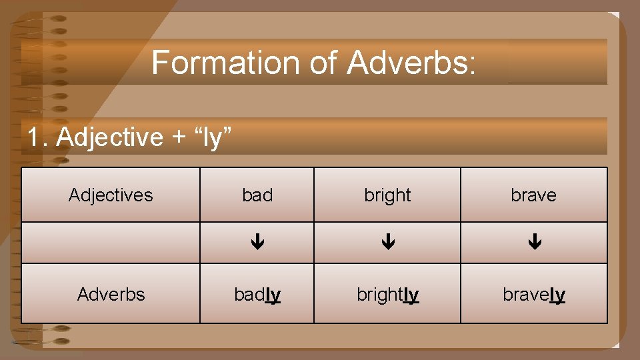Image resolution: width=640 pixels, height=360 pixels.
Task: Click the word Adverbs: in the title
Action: [411, 63]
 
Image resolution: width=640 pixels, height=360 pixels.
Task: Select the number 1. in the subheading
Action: [38, 137]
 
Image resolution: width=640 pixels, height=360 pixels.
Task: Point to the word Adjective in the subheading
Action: [109, 137]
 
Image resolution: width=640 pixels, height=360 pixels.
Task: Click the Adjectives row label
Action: [111, 195]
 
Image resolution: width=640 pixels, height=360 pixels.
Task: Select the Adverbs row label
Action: [111, 294]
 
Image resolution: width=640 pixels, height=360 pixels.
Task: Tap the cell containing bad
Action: [257, 195]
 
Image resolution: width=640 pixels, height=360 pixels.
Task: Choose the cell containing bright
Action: [387, 195]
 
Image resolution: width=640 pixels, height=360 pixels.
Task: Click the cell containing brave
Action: [533, 195]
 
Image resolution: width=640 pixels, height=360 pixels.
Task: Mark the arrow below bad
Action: [257, 243]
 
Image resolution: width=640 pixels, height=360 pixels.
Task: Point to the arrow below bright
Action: [387, 243]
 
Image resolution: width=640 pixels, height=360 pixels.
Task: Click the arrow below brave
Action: [534, 243]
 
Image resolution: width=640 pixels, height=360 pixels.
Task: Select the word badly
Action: [257, 294]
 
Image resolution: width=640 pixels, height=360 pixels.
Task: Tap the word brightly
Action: [387, 294]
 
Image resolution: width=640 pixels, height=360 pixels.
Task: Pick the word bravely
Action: [533, 294]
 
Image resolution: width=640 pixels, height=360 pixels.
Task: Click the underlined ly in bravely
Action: [557, 294]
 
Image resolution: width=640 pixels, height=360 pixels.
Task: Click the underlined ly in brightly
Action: [411, 294]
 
